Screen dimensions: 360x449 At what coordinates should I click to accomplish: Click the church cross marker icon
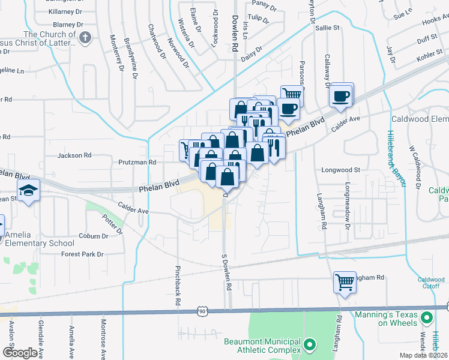tap(85, 38)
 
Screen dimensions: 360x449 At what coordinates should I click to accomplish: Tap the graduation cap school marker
tap(28, 191)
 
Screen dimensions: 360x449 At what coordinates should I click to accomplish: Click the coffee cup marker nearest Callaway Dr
tap(341, 95)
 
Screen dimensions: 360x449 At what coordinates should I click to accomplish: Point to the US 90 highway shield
tap(203, 310)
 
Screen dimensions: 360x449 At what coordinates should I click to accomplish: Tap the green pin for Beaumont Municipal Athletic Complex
tap(310, 345)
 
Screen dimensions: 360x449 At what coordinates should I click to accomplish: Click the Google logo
tap(20, 352)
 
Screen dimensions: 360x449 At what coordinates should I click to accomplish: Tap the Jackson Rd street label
tap(74, 155)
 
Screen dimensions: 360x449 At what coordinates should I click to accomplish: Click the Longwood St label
tap(340, 170)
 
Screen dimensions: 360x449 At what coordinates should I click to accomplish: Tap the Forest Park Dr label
tap(82, 254)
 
